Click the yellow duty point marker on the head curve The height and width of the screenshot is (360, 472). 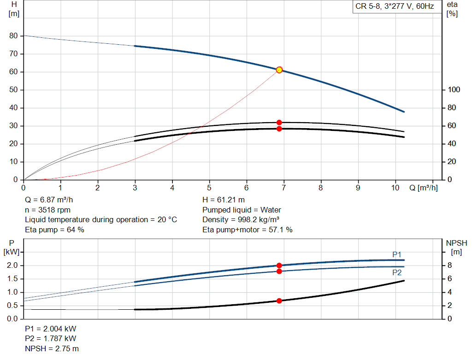coord(279,70)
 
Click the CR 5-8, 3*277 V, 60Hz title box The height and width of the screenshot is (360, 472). coord(395,7)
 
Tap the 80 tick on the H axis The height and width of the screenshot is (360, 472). coord(13,36)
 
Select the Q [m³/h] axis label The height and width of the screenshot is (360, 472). coord(424,188)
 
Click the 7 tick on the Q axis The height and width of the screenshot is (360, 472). coord(283,188)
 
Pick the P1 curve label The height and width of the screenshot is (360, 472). coord(397,254)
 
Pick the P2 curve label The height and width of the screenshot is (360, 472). coord(397,272)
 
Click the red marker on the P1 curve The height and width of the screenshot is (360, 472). coord(279,266)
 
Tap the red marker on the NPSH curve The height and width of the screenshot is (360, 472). coord(279,301)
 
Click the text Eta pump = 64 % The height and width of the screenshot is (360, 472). coord(54,229)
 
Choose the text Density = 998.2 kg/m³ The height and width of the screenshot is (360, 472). coord(241,219)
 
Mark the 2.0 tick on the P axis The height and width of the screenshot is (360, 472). coord(12,266)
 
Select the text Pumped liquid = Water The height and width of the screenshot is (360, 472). coord(242,210)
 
